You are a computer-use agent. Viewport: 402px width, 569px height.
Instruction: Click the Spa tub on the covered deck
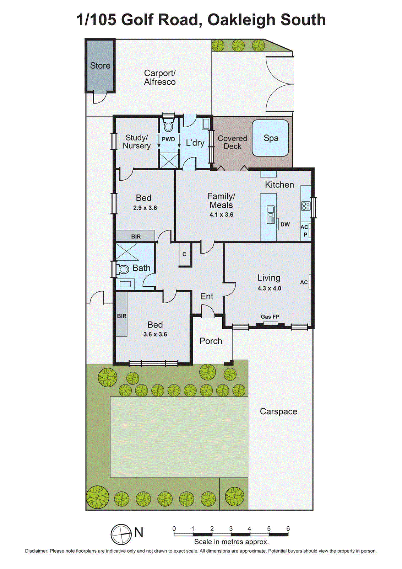pyautogui.click(x=270, y=138)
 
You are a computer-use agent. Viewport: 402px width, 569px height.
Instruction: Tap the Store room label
pyautogui.click(x=100, y=65)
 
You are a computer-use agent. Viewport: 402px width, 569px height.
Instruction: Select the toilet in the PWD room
pyautogui.click(x=168, y=126)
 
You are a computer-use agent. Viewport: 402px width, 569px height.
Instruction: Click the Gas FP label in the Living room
pyautogui.click(x=270, y=317)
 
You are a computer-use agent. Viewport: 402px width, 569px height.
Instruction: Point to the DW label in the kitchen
pyautogui.click(x=285, y=224)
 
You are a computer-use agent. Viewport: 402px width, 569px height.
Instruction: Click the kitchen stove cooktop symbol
pyautogui.click(x=306, y=206)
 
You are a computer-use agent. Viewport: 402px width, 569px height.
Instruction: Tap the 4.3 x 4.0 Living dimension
pyautogui.click(x=269, y=288)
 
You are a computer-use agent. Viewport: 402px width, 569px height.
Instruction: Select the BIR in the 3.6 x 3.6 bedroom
pyautogui.click(x=121, y=315)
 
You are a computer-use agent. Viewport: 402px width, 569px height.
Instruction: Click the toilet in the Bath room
pyautogui.click(x=123, y=270)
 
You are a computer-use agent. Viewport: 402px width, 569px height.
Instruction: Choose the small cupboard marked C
pyautogui.click(x=184, y=254)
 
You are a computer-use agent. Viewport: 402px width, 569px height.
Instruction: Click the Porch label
pyautogui.click(x=211, y=341)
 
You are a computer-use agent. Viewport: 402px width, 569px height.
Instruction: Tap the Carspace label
pyautogui.click(x=278, y=411)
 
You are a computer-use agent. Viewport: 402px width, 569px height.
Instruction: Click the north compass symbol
pyautogui.click(x=121, y=534)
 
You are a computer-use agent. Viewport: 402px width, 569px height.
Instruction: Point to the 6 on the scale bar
pyautogui.click(x=288, y=528)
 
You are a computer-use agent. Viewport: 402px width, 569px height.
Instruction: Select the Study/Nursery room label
pyautogui.click(x=137, y=142)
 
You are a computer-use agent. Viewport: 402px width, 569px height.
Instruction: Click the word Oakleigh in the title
pyautogui.click(x=242, y=20)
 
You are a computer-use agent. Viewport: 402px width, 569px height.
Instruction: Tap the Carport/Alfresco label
pyautogui.click(x=160, y=78)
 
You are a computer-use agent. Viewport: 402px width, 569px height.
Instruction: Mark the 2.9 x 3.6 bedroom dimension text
pyautogui.click(x=145, y=208)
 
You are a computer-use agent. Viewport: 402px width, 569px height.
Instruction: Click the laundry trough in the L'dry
pyautogui.click(x=206, y=124)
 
